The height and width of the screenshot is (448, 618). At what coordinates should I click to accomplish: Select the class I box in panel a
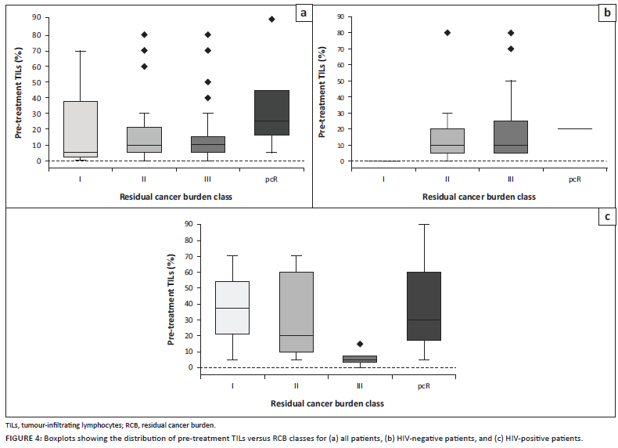pyautogui.click(x=81, y=129)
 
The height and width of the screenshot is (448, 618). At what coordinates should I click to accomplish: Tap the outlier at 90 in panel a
pyautogui.click(x=272, y=19)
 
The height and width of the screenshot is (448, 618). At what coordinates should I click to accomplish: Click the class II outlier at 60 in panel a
pyautogui.click(x=144, y=66)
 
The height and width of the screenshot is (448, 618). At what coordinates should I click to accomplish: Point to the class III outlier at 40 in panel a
pyautogui.click(x=208, y=98)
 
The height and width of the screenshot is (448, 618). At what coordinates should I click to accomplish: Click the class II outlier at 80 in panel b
pyautogui.click(x=447, y=33)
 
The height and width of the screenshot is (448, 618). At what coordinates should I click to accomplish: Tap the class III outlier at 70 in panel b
pyautogui.click(x=511, y=49)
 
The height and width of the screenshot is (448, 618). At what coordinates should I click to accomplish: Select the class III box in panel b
pyautogui.click(x=511, y=137)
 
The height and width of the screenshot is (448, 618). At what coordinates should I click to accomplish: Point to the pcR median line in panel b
pyautogui.click(x=574, y=129)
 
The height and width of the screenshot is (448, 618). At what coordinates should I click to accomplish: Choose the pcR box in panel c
pyautogui.click(x=423, y=306)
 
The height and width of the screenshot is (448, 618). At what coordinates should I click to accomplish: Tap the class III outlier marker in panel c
pyautogui.click(x=359, y=344)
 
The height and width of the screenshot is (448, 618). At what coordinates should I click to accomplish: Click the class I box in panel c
pyautogui.click(x=232, y=308)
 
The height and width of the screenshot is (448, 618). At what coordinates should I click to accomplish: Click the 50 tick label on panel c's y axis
pyautogui.click(x=189, y=288)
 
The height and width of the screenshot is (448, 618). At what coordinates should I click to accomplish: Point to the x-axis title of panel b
pyautogui.click(x=479, y=197)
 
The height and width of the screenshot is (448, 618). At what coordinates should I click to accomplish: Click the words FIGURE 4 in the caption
pyautogui.click(x=25, y=439)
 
